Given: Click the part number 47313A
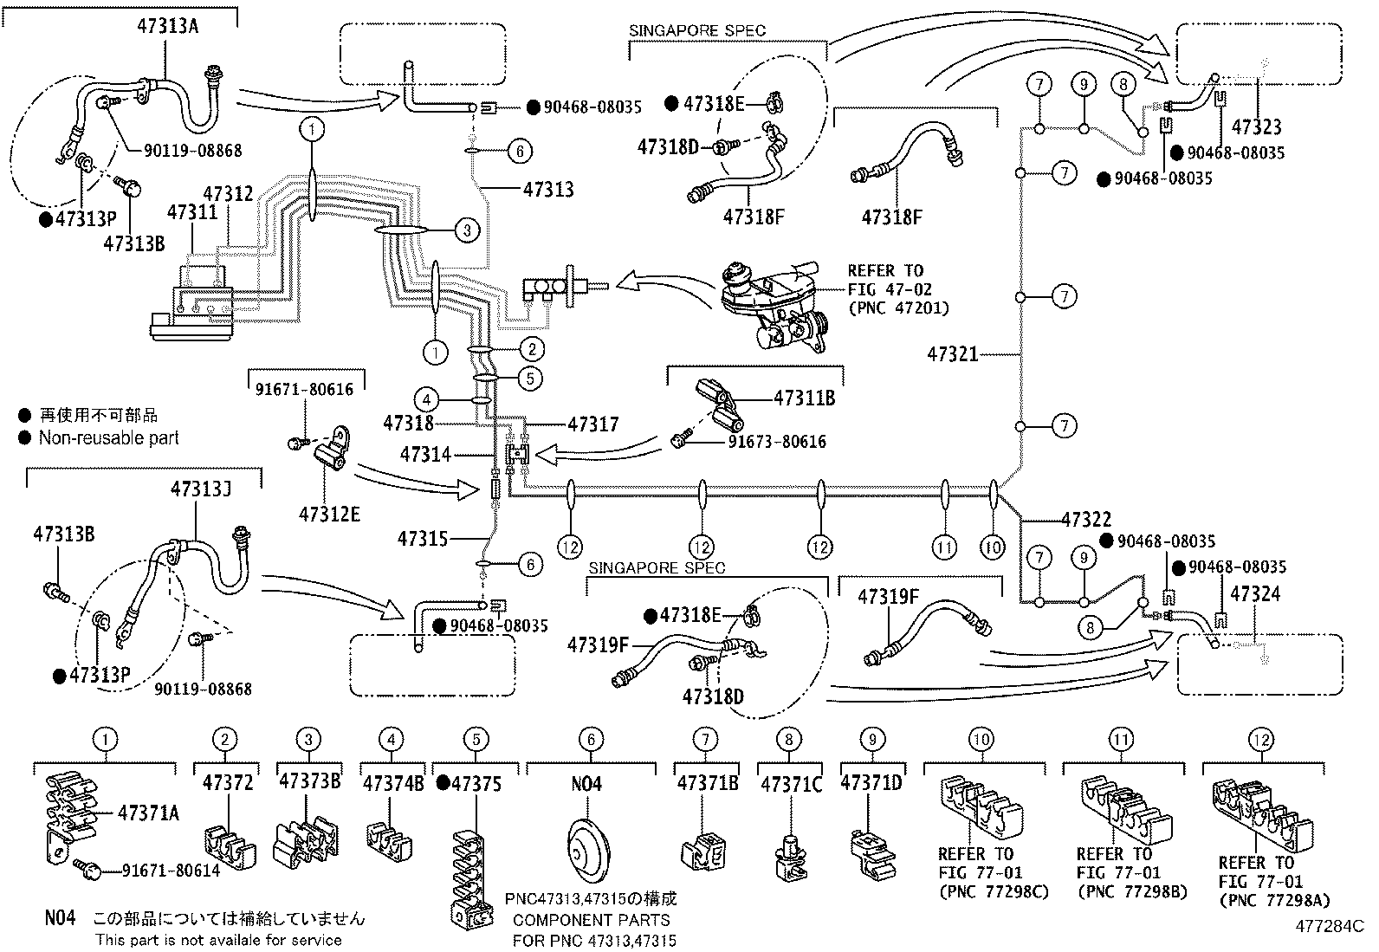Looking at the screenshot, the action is point(167,27).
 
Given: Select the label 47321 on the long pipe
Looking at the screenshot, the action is point(952,354).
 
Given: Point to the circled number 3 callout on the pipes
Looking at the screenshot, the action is point(467,230).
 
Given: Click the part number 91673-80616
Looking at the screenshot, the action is point(777,442).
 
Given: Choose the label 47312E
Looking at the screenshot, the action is point(329,515).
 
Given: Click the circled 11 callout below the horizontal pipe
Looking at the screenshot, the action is point(944,547).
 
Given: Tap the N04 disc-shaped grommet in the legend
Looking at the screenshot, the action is point(587,850).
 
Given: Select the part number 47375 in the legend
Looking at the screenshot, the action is point(476,784).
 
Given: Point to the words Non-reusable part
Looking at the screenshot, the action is point(109,437).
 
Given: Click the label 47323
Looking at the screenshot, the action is point(1257,126).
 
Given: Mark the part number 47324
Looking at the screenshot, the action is point(1254,594).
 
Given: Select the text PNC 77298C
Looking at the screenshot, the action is point(994,891).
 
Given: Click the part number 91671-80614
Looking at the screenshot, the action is point(172,870).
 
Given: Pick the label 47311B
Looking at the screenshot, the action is point(805,398).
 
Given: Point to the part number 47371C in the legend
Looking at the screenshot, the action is point(792,784).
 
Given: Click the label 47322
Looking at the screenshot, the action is point(1086,520).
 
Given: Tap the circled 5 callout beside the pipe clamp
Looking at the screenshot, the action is point(531,378).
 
